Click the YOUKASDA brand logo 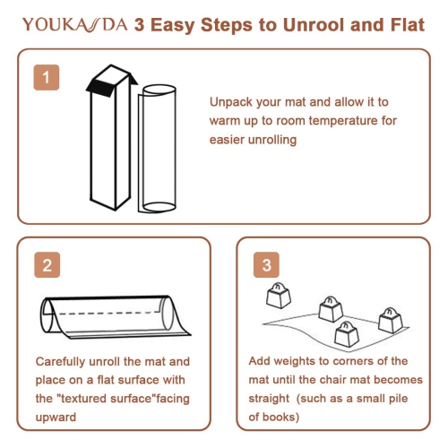[x=75, y=24]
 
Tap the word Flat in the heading [x=408, y=24]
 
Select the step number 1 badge [x=47, y=77]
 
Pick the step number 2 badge [x=47, y=265]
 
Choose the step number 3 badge [x=266, y=265]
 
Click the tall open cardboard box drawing [x=111, y=137]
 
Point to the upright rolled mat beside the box [x=158, y=149]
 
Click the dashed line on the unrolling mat [x=106, y=314]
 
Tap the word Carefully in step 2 [x=61, y=362]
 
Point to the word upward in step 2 [x=56, y=417]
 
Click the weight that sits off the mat [x=279, y=296]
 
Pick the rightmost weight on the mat [x=391, y=321]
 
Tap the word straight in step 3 [x=269, y=399]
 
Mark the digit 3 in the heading [x=140, y=25]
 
